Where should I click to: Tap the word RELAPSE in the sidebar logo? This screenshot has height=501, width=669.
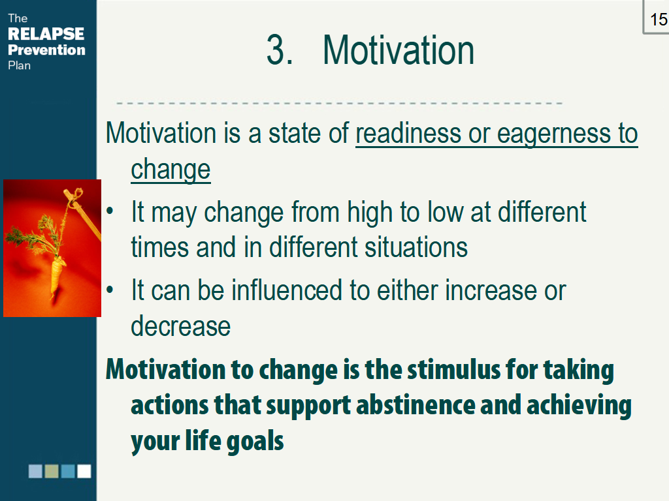click(x=46, y=34)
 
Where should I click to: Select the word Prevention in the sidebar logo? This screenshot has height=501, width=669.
click(x=46, y=50)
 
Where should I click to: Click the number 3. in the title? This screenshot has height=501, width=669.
click(x=280, y=50)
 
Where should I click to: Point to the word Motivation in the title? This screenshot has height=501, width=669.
click(x=398, y=50)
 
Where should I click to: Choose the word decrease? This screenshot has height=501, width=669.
click(x=180, y=326)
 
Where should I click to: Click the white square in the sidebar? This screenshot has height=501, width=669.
click(x=84, y=471)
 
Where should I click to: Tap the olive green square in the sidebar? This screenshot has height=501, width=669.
click(x=52, y=471)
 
